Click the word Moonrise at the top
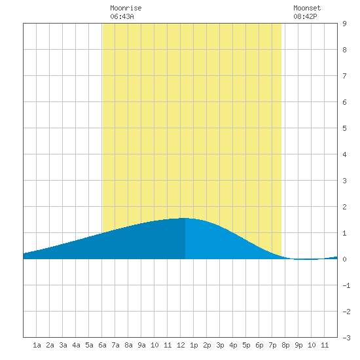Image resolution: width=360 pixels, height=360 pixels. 126,8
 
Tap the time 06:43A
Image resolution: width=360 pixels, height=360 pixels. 122,16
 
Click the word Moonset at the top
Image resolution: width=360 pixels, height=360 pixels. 307,8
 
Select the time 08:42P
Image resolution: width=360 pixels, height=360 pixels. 305,16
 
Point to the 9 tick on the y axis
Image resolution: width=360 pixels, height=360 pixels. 344,24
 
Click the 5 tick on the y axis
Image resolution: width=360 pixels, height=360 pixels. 344,128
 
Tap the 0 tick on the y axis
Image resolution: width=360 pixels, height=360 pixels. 344,259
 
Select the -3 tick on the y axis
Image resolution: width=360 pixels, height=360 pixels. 346,338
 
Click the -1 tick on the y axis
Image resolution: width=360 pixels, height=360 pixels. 346,285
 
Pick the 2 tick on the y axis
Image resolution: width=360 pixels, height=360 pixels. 344,207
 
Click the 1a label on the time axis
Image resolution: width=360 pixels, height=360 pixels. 37,345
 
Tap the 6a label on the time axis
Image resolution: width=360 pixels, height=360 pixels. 102,345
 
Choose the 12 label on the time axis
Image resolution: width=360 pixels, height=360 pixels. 181,345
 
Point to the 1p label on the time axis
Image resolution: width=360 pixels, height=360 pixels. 194,345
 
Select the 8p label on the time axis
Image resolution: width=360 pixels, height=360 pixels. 285,345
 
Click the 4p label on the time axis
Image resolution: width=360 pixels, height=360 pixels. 233,345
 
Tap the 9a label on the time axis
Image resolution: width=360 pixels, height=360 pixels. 141,345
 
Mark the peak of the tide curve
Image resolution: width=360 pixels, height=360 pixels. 185,218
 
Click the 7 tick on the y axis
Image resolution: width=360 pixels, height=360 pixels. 344,76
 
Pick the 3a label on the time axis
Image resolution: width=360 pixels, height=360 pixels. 63,345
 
